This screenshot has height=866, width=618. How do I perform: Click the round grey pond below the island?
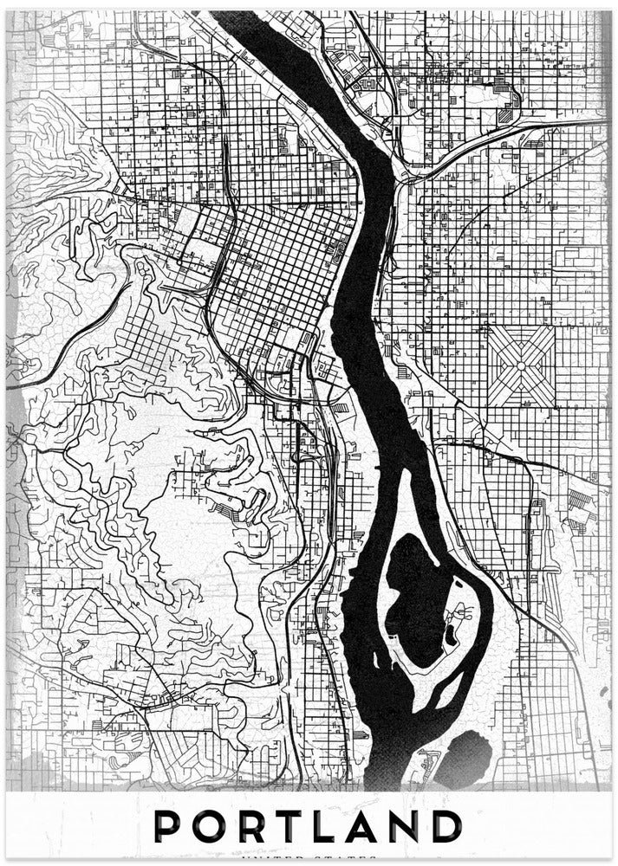tap(468, 752)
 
